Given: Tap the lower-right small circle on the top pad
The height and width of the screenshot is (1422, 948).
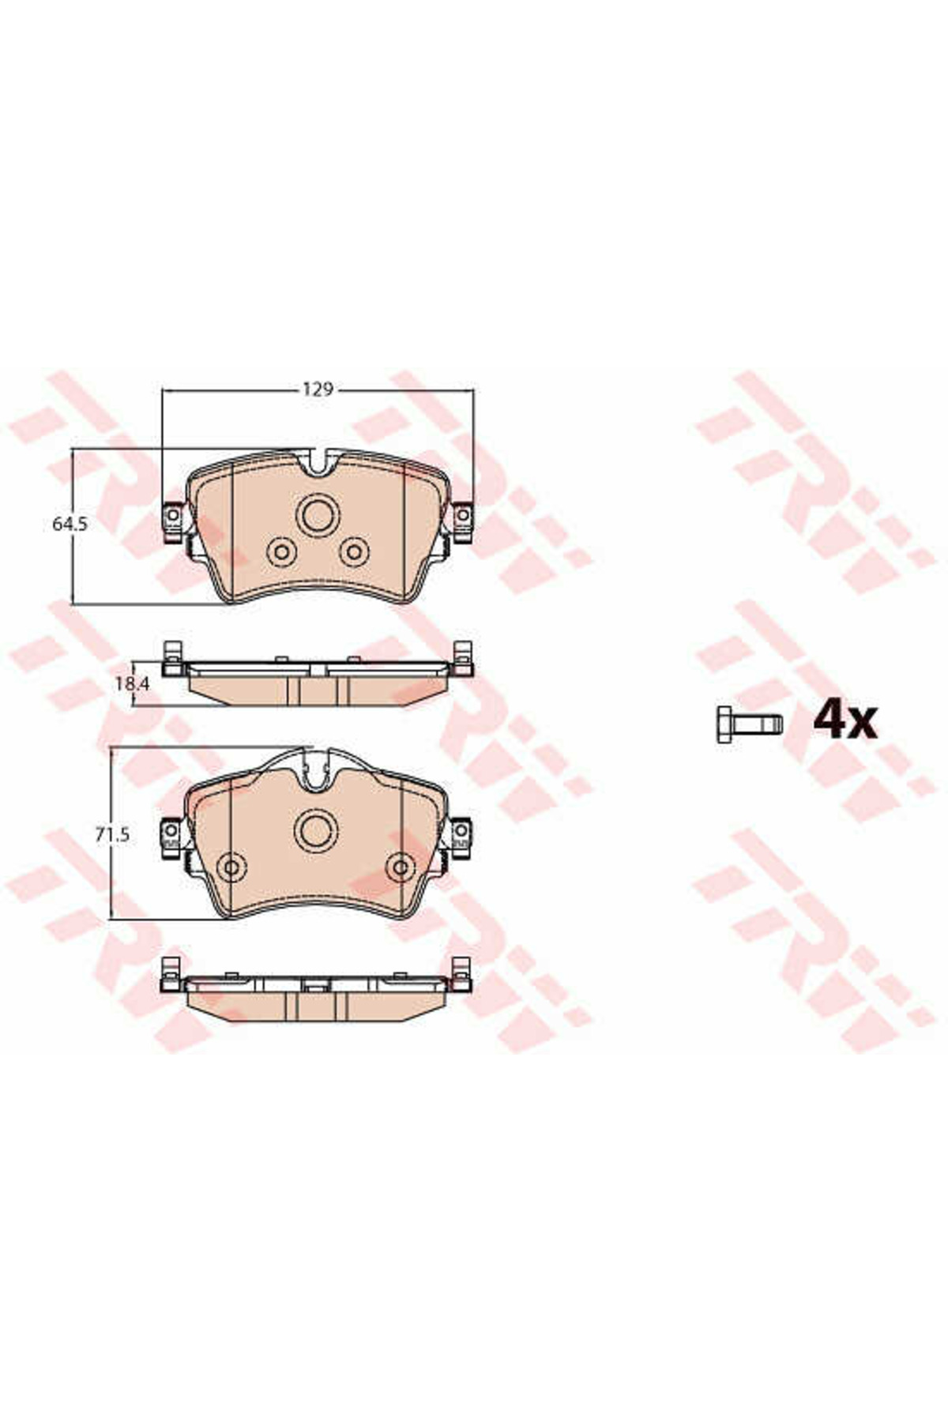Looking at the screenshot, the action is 354,551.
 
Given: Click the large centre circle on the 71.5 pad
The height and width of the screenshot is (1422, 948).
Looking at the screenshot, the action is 317,830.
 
